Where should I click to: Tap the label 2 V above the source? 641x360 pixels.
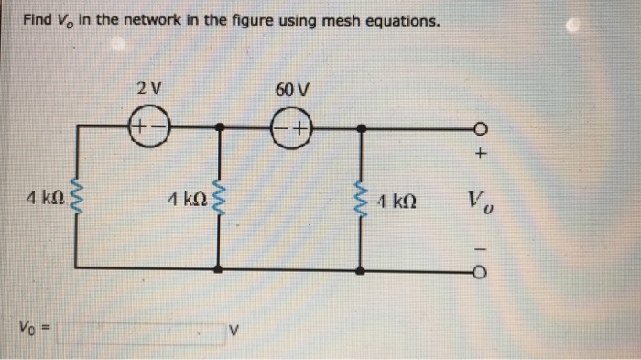click(147, 90)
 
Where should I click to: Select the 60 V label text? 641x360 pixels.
click(292, 90)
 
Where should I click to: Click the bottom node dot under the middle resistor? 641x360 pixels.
click(218, 268)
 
